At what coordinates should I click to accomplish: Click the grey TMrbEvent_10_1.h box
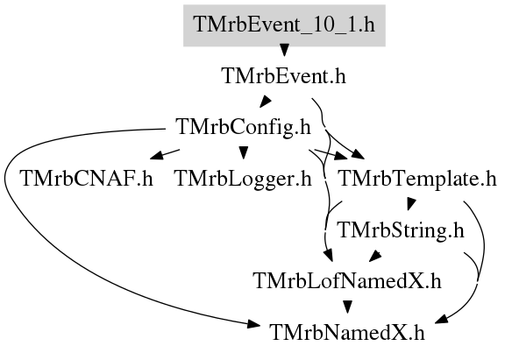pyautogui.click(x=284, y=25)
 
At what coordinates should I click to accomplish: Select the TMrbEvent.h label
pyautogui.click(x=283, y=76)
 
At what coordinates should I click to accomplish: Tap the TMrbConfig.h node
pyautogui.click(x=243, y=127)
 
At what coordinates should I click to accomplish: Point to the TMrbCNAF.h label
pyautogui.click(x=86, y=179)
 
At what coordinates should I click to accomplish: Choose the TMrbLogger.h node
pyautogui.click(x=243, y=179)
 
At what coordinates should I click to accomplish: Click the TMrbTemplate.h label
pyautogui.click(x=418, y=179)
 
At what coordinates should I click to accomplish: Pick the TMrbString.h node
pyautogui.click(x=401, y=230)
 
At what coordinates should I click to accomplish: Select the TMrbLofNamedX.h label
pyautogui.click(x=347, y=281)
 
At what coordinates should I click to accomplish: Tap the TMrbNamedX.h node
pyautogui.click(x=347, y=333)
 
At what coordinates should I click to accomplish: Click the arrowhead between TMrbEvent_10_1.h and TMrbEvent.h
pyautogui.click(x=284, y=50)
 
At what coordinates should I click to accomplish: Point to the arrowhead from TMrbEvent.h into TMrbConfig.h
pyautogui.click(x=266, y=101)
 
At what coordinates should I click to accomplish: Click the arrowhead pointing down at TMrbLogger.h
pyautogui.click(x=243, y=152)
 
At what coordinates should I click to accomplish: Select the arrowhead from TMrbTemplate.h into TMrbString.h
pyautogui.click(x=411, y=204)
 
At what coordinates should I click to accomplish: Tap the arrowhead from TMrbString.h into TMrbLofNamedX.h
pyautogui.click(x=375, y=256)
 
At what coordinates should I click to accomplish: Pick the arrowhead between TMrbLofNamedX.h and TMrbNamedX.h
pyautogui.click(x=347, y=307)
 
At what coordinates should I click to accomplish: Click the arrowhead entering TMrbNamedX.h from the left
pyautogui.click(x=253, y=324)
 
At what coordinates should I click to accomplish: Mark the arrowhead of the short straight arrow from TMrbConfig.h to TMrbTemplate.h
pyautogui.click(x=341, y=156)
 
